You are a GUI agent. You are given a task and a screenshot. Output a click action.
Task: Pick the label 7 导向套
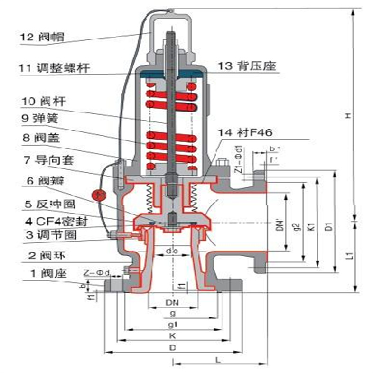(47, 159)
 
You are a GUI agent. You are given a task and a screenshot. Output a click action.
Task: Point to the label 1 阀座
(43, 273)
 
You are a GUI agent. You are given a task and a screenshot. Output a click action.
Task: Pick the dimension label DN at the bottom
(172, 302)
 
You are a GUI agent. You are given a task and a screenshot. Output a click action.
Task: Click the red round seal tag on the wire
(98, 194)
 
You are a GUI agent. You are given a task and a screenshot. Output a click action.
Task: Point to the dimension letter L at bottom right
(218, 359)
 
